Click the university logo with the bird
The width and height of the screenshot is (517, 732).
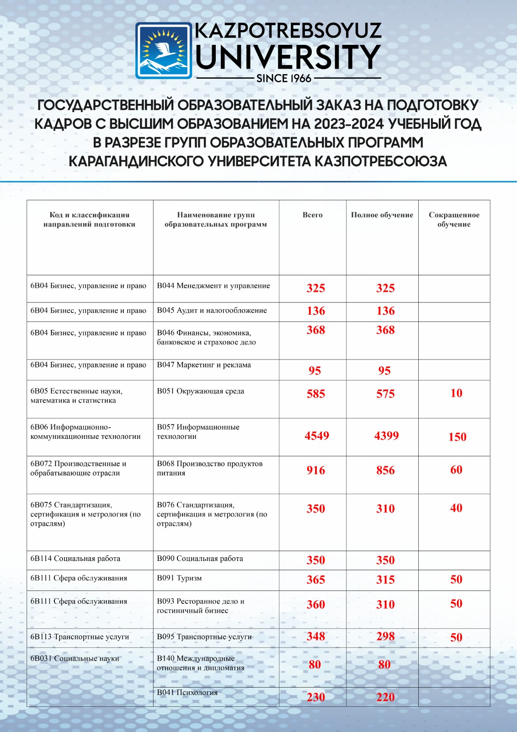[x=164, y=51]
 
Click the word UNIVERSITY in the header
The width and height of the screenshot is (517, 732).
[x=288, y=57]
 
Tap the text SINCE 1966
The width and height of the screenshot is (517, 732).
[x=284, y=78]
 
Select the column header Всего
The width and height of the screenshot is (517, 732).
[x=313, y=215]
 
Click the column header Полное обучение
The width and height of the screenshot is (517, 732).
[x=382, y=215]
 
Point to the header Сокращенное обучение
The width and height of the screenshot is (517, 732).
[x=454, y=220]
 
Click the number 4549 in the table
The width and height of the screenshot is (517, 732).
[x=317, y=436]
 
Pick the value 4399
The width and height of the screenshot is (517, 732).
[x=386, y=436]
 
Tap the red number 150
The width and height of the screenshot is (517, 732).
[x=457, y=437]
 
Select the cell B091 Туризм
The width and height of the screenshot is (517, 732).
[x=179, y=578]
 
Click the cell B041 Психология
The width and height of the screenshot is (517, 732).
[x=187, y=693]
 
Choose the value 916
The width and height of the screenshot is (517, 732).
[x=316, y=470]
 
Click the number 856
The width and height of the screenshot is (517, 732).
[x=385, y=470]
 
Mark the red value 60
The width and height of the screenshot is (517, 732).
[x=456, y=470]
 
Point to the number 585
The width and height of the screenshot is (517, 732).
[x=316, y=394]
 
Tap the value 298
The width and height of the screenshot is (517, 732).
[x=385, y=636]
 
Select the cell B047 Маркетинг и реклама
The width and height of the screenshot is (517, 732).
[x=204, y=365]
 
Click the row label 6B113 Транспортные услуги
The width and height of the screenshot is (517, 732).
[x=80, y=637]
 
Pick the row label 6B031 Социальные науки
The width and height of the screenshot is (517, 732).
[x=75, y=659]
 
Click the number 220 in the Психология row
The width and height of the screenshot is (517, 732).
[x=385, y=697]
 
